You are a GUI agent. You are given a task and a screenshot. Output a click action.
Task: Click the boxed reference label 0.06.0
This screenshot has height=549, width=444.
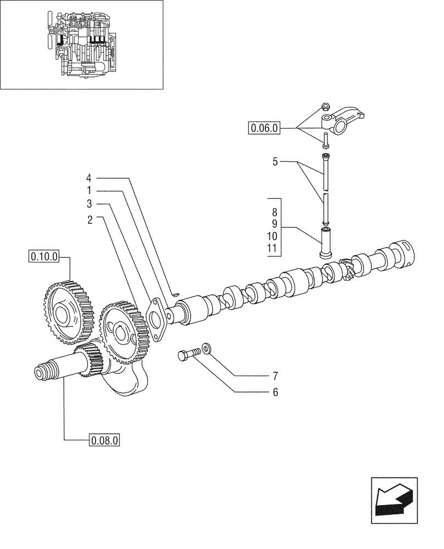264,128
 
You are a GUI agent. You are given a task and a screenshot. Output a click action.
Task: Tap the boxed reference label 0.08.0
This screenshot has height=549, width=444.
104,440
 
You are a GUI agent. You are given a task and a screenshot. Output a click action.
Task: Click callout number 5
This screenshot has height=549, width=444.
275,163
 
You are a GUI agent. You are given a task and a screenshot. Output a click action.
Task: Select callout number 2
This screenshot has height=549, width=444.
88,218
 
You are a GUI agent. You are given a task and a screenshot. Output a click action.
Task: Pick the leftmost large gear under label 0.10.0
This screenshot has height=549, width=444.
65,310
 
